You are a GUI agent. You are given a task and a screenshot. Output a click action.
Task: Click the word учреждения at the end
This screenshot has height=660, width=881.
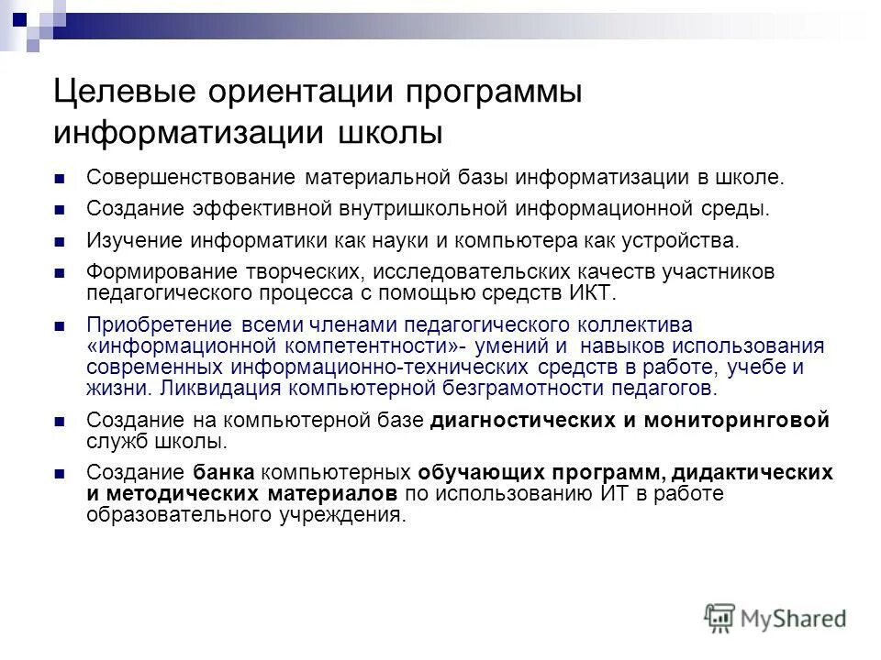click(349, 514)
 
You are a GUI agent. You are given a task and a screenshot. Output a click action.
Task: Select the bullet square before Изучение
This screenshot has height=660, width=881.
click(61, 243)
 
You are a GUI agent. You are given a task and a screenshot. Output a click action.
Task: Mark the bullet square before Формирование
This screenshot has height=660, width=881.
click(61, 274)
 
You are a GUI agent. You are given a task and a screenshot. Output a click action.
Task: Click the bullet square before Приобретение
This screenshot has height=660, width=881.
click(61, 327)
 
